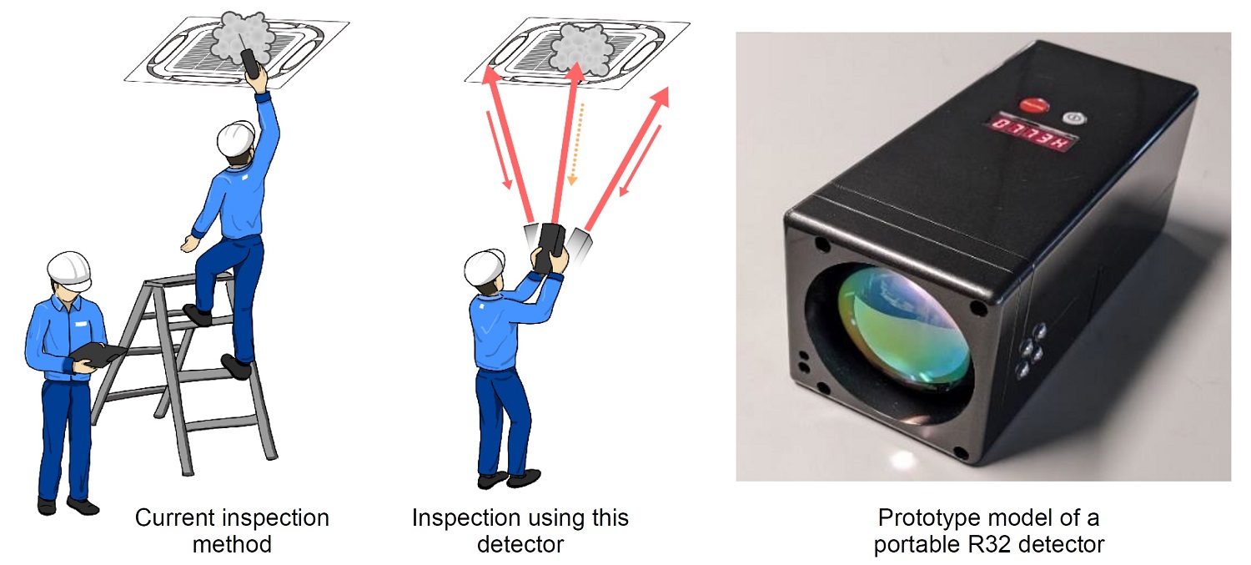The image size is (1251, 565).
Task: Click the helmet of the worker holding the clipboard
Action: click(68, 269)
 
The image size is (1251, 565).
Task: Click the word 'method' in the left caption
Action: click(232, 545)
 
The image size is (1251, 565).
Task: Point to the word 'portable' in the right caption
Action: click(911, 545)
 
